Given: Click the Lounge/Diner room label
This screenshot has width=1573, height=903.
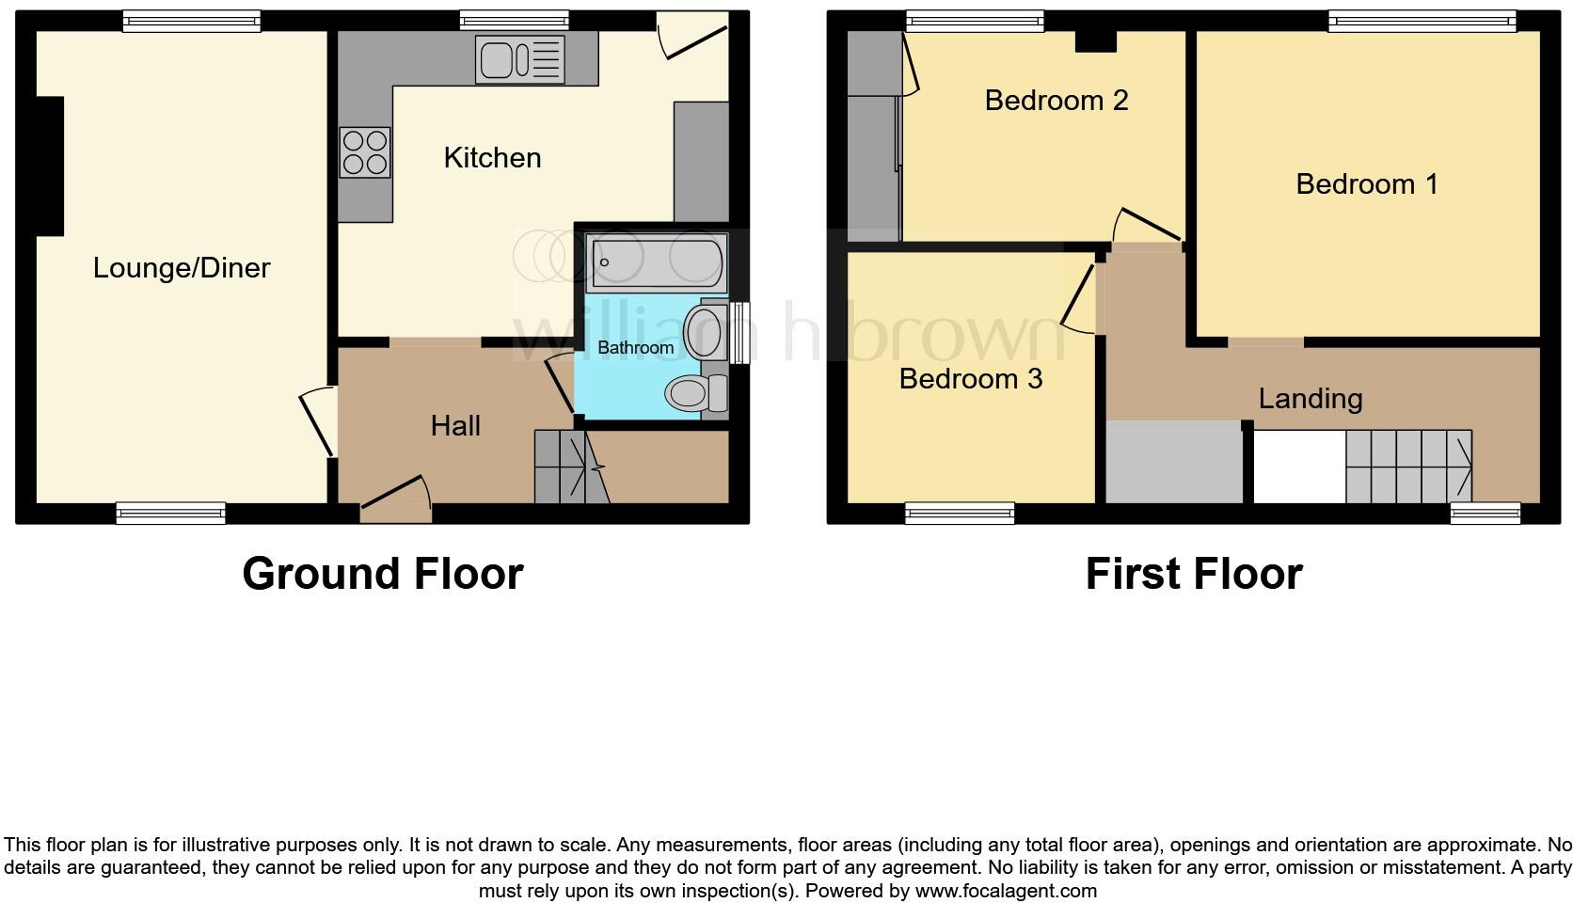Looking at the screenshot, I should pyautogui.click(x=182, y=268).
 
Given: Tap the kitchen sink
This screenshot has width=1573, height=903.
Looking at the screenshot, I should pyautogui.click(x=520, y=59).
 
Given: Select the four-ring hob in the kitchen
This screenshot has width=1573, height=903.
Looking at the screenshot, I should pyautogui.click(x=365, y=151).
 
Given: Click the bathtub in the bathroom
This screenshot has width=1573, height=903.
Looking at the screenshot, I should pyautogui.click(x=657, y=261).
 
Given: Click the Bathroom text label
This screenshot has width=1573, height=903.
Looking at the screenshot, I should pyautogui.click(x=635, y=347).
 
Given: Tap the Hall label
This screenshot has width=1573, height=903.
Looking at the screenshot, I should pyautogui.click(x=455, y=426).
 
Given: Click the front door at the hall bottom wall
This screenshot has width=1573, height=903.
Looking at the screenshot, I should pyautogui.click(x=396, y=499).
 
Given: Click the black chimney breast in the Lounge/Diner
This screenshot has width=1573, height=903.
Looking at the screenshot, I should pyautogui.click(x=50, y=166).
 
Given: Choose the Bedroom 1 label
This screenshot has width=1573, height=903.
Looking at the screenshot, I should pyautogui.click(x=1366, y=183).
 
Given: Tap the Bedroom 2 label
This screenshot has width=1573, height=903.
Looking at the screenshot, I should pyautogui.click(x=1056, y=100).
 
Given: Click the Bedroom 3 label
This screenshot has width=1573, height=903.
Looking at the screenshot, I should pyautogui.click(x=970, y=378).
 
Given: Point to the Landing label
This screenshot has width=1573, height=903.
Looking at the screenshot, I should pyautogui.click(x=1310, y=399).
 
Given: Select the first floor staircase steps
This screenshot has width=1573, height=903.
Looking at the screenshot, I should pyautogui.click(x=1407, y=467).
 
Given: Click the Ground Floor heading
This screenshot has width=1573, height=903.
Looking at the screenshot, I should pyautogui.click(x=382, y=574).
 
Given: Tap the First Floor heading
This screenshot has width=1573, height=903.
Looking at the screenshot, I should pyautogui.click(x=1193, y=574).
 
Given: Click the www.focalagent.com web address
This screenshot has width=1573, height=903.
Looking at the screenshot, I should pyautogui.click(x=1005, y=891).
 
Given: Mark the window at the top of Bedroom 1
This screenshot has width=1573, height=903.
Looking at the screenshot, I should pyautogui.click(x=1422, y=21).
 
